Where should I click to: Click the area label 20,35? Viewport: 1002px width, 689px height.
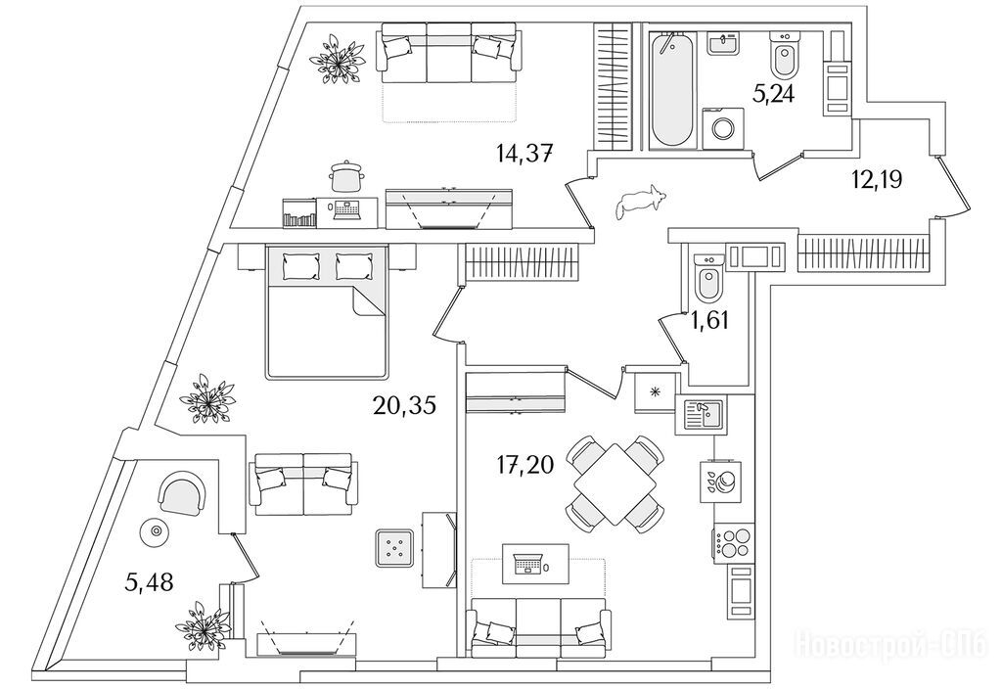point(403,403)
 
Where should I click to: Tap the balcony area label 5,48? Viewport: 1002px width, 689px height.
point(151,583)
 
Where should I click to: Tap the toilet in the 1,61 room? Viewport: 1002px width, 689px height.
point(707,279)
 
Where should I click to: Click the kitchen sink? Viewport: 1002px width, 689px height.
point(702,415)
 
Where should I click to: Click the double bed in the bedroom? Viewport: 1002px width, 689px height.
point(326,310)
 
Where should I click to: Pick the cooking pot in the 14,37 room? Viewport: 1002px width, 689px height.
point(344,176)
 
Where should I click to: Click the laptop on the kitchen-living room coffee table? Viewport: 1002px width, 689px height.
point(528,565)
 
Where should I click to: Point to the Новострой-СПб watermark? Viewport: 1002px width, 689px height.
point(893,647)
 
